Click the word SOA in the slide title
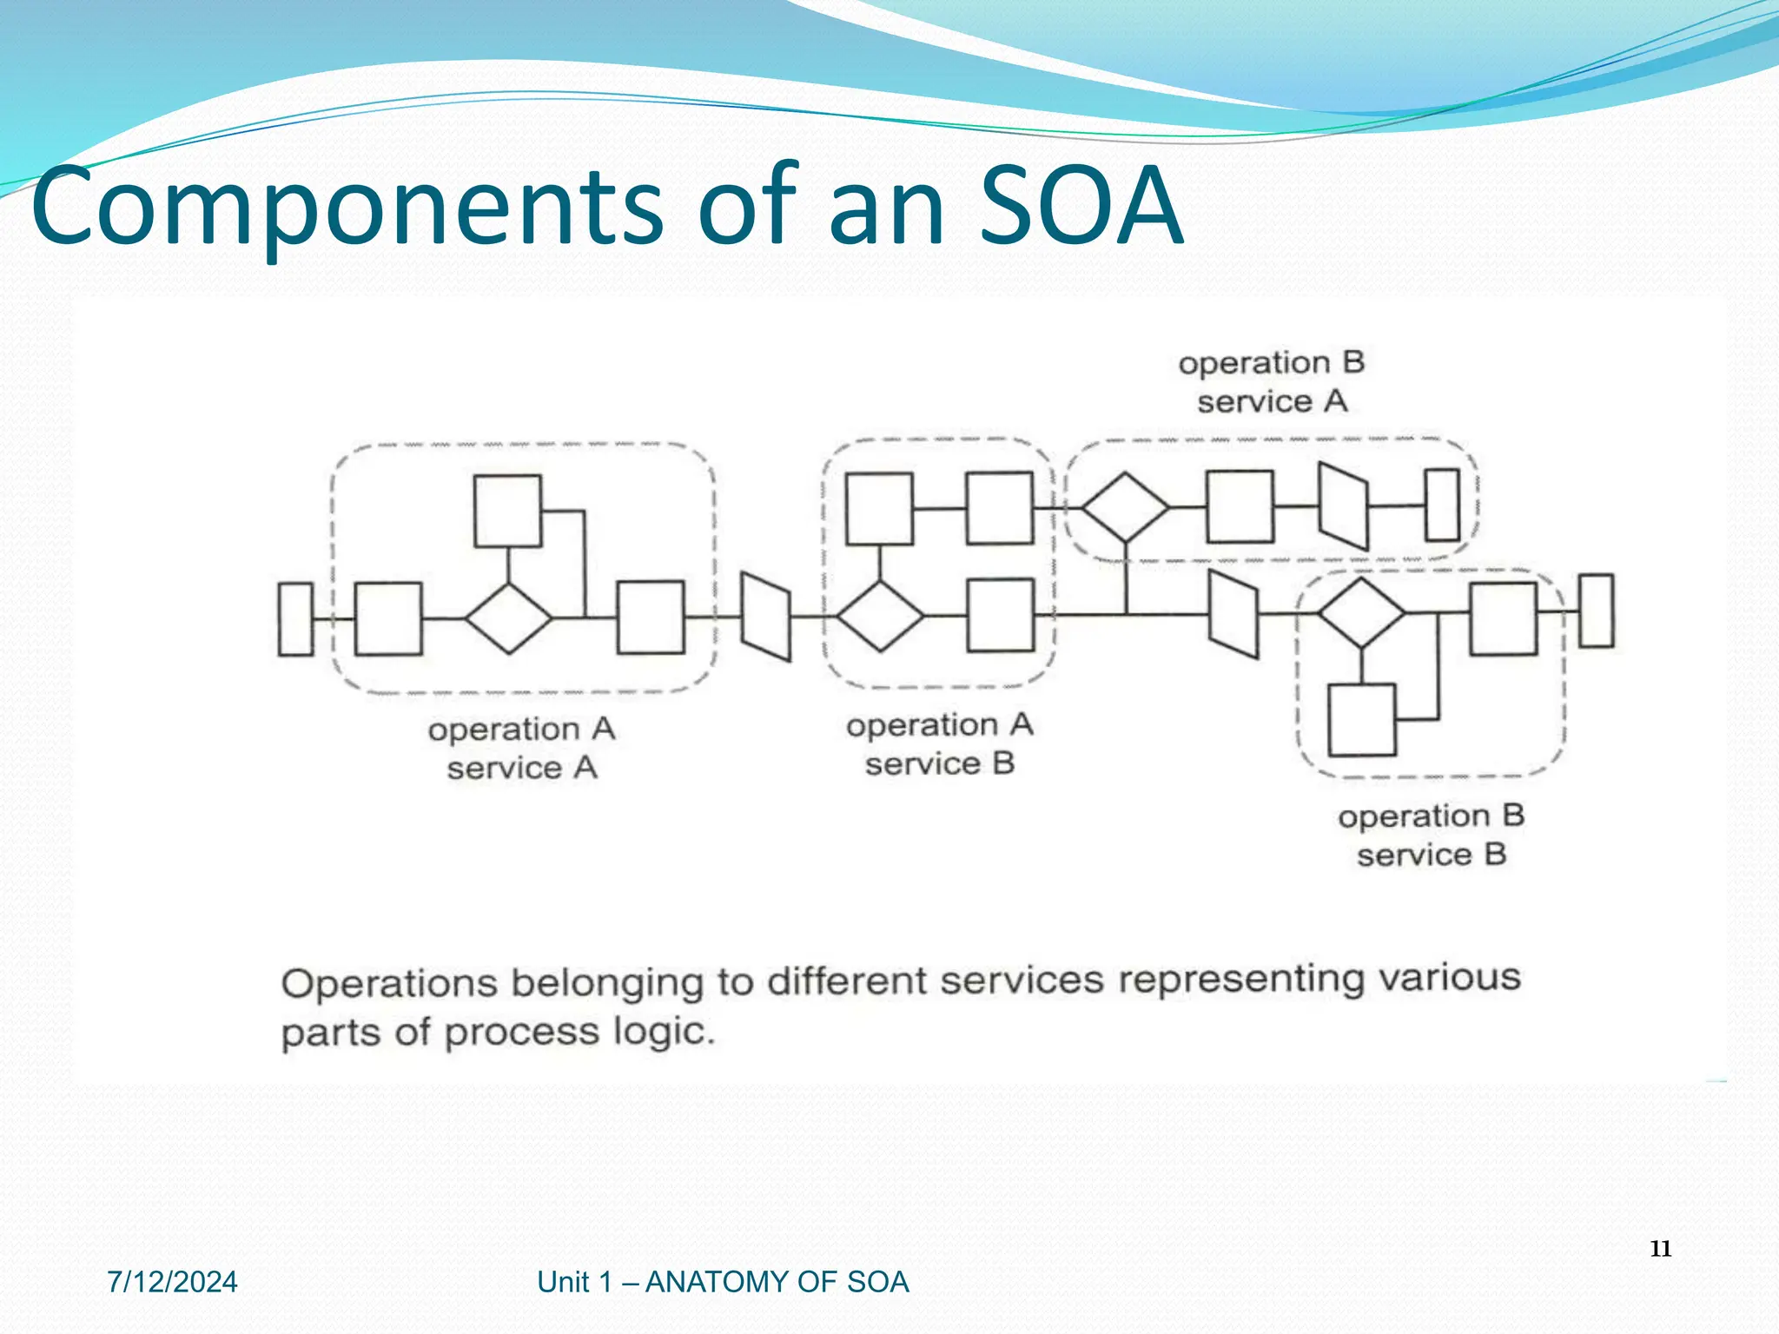[1081, 207]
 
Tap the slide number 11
[1660, 1249]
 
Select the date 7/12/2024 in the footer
[172, 1282]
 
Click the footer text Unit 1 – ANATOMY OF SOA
[723, 1282]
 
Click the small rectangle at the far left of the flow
[295, 619]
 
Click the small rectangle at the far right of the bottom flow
[1596, 611]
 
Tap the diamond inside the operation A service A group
[508, 618]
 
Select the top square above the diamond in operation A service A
[508, 511]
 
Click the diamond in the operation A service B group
[880, 616]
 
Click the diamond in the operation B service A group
[1126, 507]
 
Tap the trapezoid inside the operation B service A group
[1343, 507]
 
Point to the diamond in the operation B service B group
[1361, 613]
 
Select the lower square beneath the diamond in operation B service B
[1362, 720]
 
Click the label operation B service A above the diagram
[1272, 382]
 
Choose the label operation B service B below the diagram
[1431, 835]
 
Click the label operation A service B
[940, 744]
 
